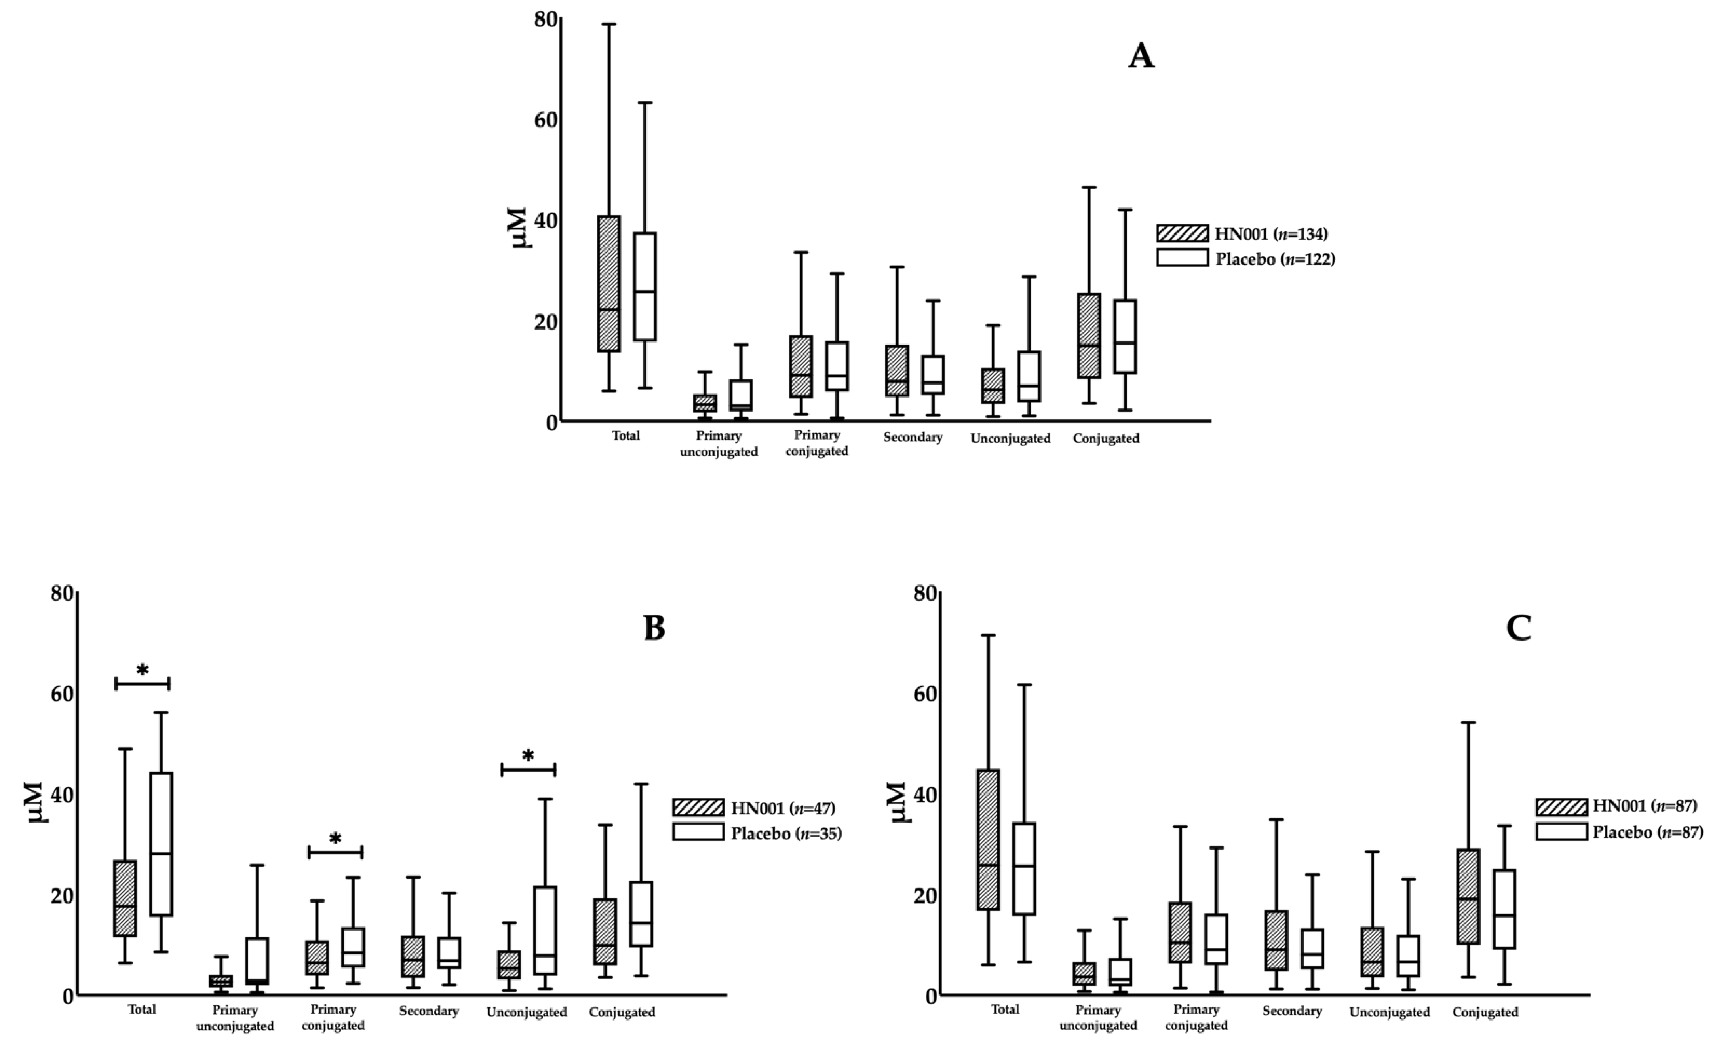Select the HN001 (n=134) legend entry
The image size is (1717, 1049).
(1245, 234)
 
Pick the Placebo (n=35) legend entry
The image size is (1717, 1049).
(757, 833)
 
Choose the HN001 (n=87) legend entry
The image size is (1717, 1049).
(1620, 806)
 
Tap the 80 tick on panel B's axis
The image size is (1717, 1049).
(63, 594)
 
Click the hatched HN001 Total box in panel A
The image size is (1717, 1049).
(609, 283)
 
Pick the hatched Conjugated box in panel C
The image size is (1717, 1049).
(1468, 896)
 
